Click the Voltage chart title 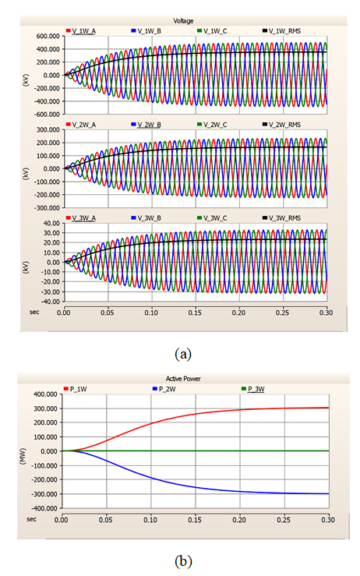183,21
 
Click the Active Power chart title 183,378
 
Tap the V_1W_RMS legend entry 282,31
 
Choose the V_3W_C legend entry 212,218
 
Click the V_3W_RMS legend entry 282,218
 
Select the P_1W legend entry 76,389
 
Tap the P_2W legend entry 164,389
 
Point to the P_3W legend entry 253,389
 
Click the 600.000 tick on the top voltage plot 48,36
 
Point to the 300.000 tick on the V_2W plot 48,129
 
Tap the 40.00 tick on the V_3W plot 51,224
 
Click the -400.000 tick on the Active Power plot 45,508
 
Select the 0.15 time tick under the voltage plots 195,313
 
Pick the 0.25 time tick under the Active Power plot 284,520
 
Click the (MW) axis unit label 23,457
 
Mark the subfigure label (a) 183,354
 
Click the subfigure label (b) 183,561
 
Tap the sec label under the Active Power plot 32,519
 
